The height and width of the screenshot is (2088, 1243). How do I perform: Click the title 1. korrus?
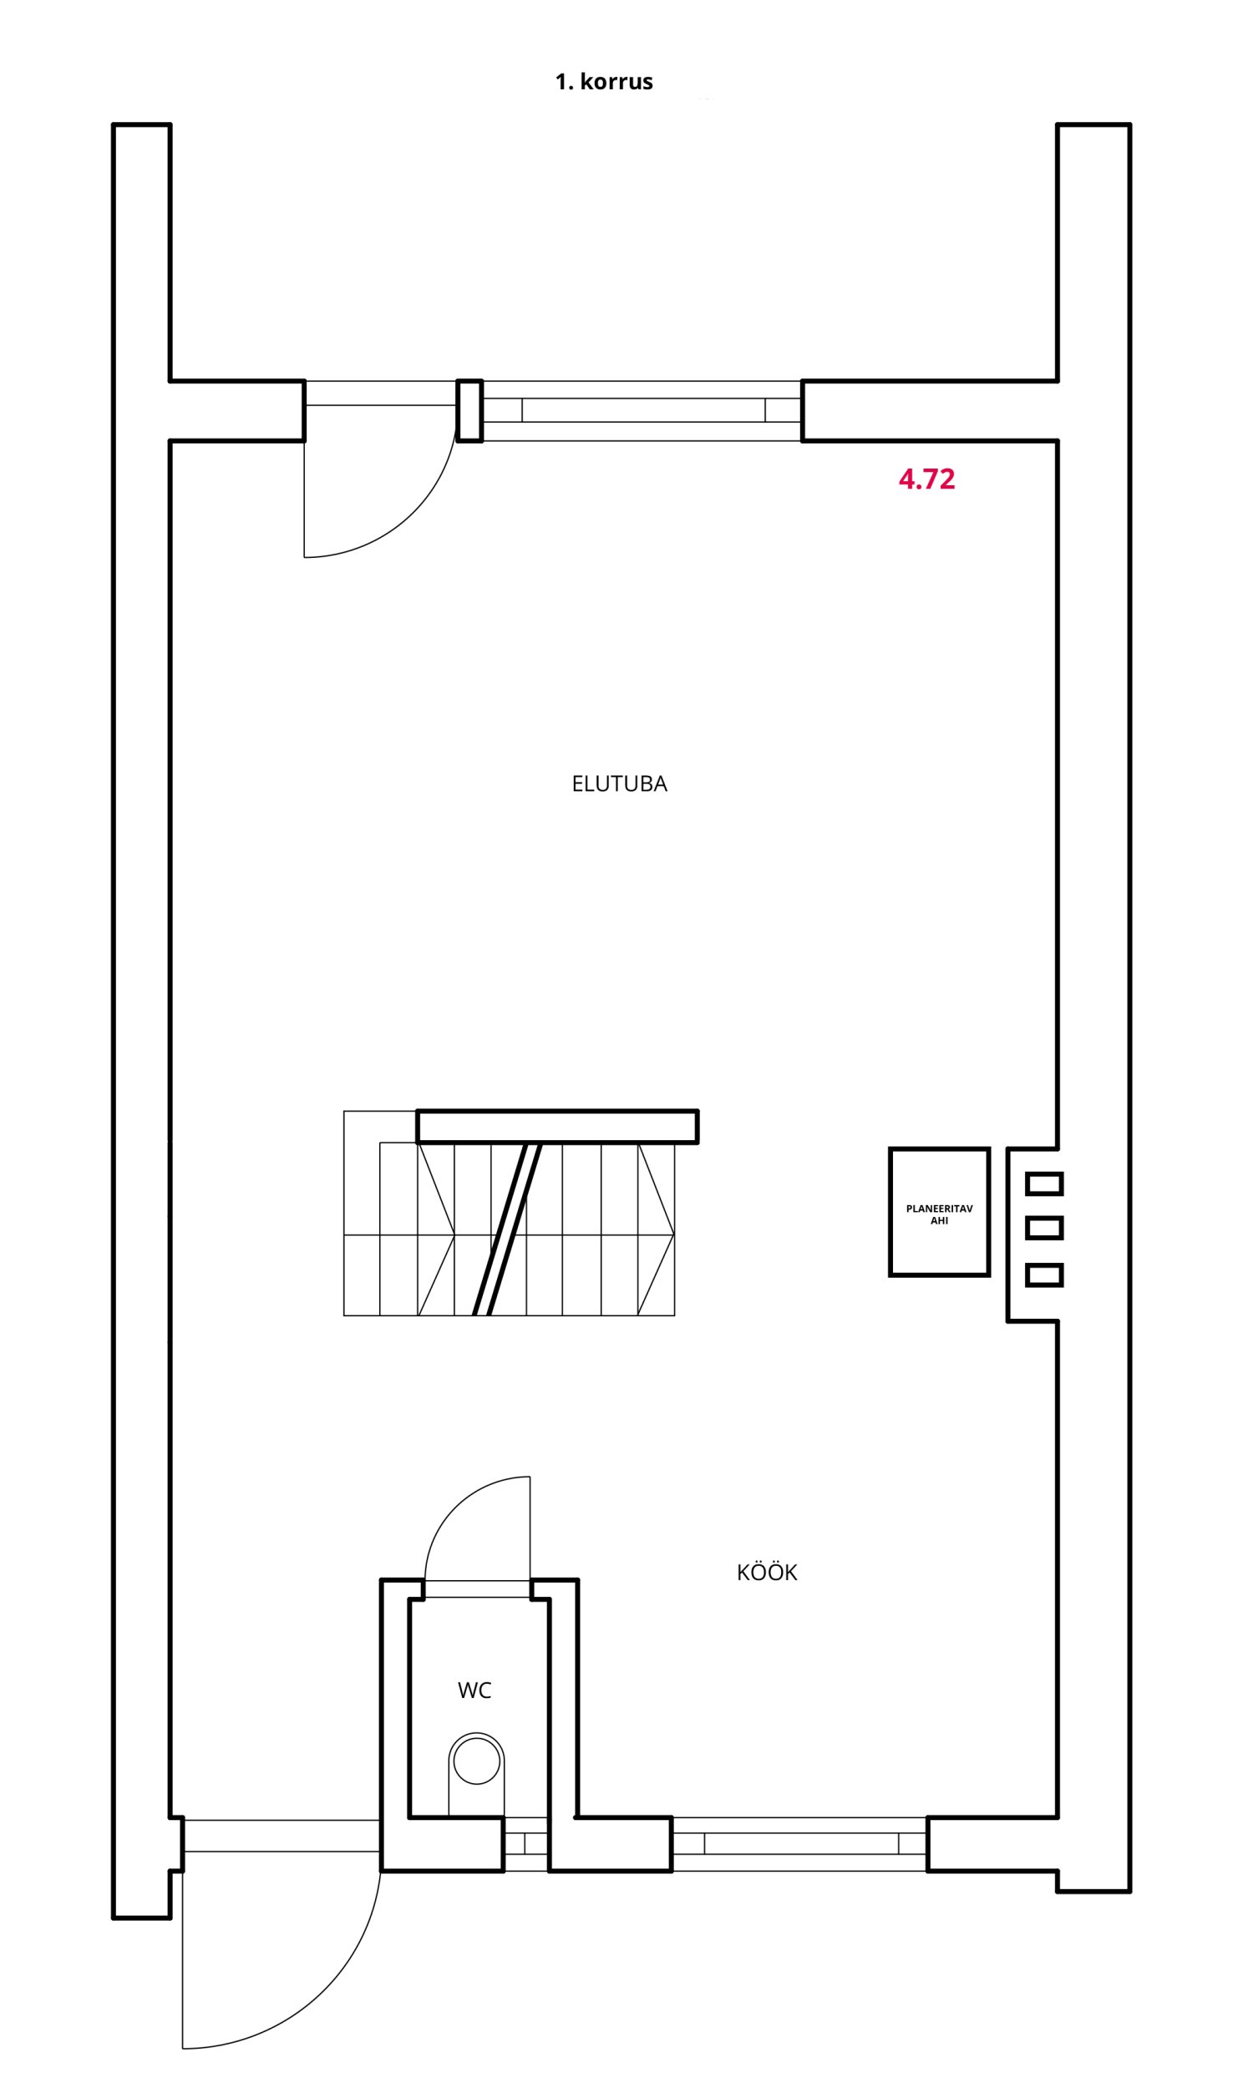604,82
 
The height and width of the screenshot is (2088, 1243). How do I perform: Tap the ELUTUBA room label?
619,783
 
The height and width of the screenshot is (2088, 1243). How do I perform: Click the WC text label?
474,1690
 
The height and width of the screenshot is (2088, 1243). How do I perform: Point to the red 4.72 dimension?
926,479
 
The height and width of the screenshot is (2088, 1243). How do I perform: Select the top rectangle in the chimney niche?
1044,1183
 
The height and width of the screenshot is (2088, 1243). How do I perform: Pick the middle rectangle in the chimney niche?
1044,1229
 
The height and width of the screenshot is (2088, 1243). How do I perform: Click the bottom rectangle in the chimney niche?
1044,1275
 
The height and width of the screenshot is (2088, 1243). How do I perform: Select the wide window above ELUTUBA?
642,410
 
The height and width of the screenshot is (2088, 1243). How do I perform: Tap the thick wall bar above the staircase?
558,1126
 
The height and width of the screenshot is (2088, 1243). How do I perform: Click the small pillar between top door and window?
470,410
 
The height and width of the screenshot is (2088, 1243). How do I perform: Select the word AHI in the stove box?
939,1221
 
